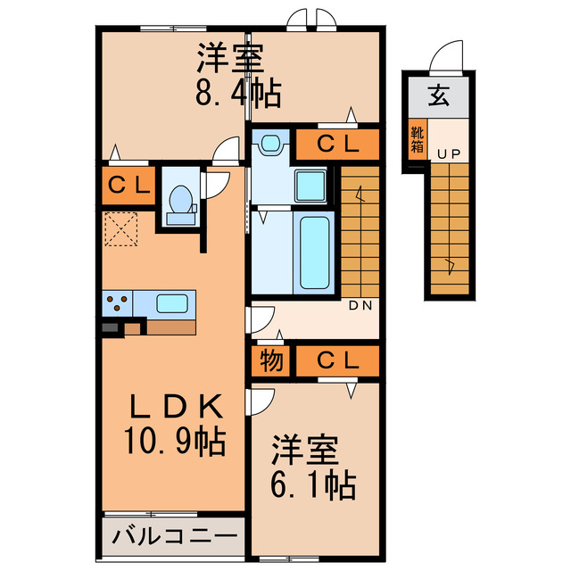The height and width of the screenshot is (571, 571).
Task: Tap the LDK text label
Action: (x=176, y=407)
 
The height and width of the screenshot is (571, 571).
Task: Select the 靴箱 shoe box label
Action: (x=418, y=142)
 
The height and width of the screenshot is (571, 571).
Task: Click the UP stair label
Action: (x=448, y=154)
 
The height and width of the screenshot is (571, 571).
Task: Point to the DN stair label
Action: (x=360, y=305)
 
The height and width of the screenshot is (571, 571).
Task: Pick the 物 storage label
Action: (x=271, y=361)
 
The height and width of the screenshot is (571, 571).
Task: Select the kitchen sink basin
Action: (x=171, y=302)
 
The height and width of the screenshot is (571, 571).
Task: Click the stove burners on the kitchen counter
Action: (x=116, y=303)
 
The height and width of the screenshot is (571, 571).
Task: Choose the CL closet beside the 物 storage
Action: (x=338, y=361)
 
